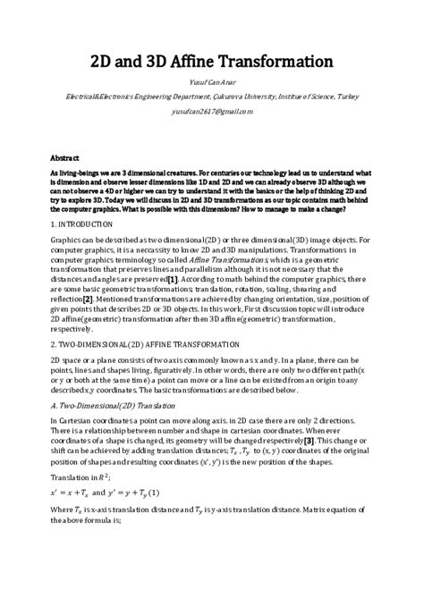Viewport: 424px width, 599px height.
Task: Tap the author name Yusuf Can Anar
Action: click(x=213, y=92)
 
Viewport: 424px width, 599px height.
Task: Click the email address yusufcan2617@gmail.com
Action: click(x=213, y=111)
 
